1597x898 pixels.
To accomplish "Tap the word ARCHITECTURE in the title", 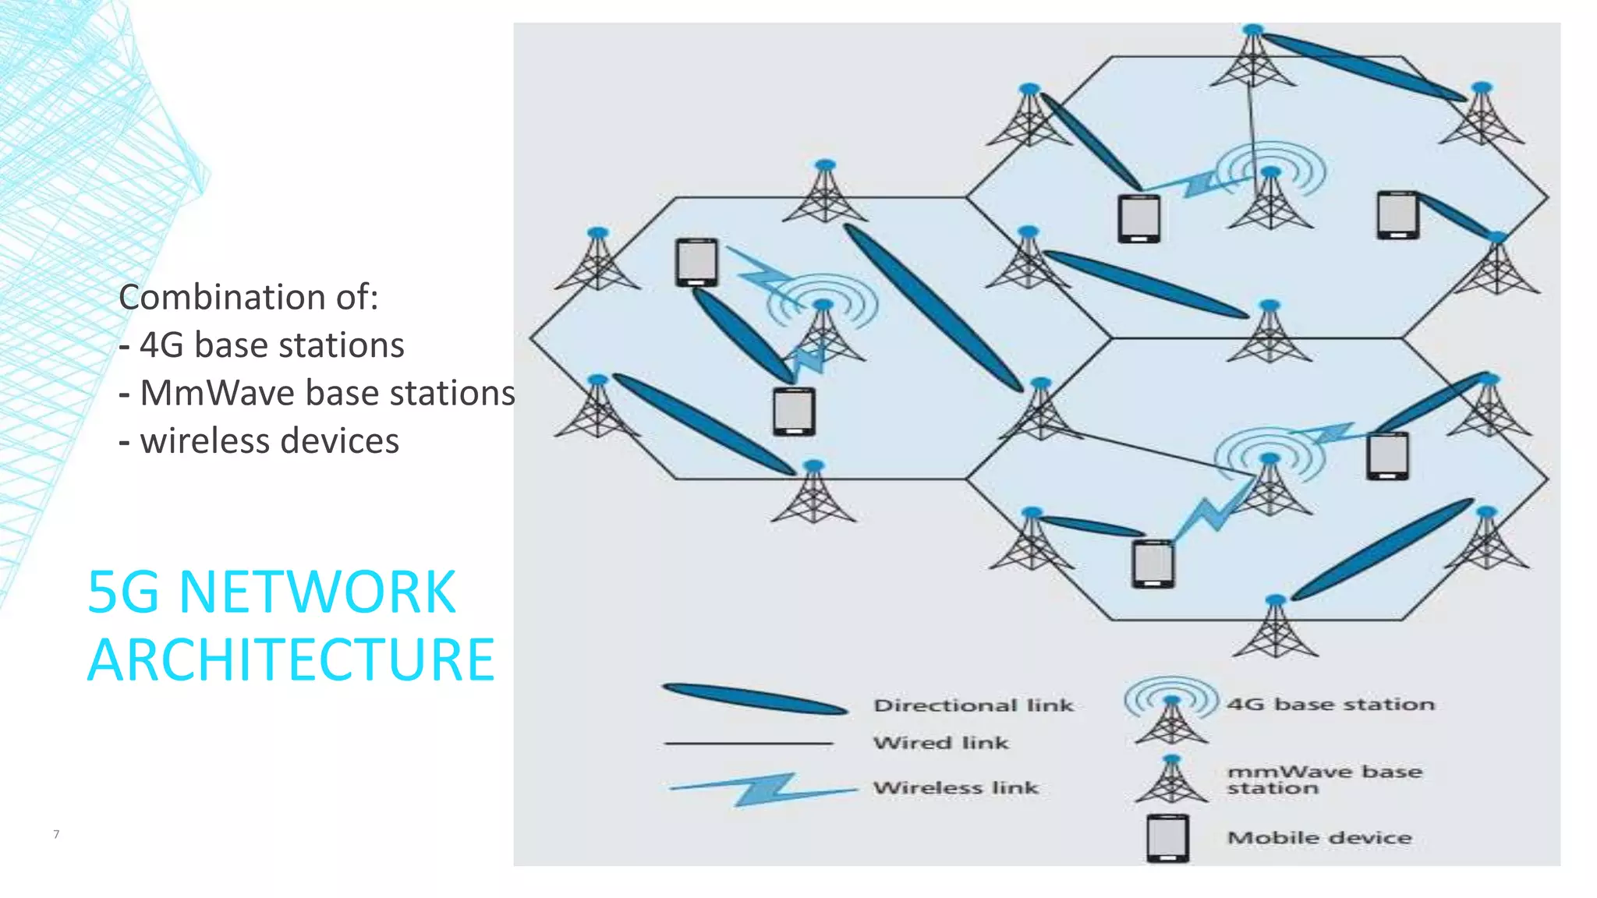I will coord(291,660).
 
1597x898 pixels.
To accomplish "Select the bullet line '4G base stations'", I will coord(262,345).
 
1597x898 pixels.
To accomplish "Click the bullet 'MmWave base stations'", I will coord(317,393).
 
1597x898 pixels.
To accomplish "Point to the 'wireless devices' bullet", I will coord(259,441).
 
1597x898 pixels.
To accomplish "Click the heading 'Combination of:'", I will coord(248,297).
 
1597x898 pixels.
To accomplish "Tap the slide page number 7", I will coord(56,834).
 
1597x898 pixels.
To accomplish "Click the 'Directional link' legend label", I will coord(973,705).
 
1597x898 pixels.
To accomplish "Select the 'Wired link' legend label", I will coord(940,743).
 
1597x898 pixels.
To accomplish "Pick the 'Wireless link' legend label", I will coord(955,788).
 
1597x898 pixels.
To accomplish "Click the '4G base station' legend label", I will coord(1330,705).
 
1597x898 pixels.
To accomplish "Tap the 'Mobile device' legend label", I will coord(1319,838).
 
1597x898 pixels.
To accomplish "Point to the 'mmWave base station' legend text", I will coord(1324,780).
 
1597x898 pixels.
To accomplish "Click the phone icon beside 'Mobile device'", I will coord(1167,838).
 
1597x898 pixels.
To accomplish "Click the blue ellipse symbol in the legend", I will coord(754,699).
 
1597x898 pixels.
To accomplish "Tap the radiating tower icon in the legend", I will coord(1171,709).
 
